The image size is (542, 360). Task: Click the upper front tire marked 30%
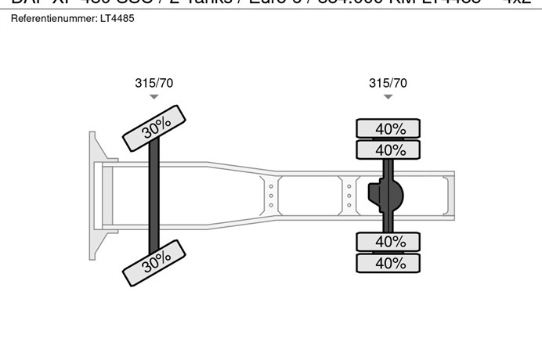(x=155, y=128)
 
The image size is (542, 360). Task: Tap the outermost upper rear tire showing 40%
(x=389, y=128)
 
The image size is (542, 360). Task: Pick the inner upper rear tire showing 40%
(x=389, y=149)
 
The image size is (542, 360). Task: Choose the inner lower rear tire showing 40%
(x=389, y=242)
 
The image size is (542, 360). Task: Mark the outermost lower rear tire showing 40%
(x=389, y=263)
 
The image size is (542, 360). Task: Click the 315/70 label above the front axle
(x=154, y=83)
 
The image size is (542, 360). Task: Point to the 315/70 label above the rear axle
(x=388, y=83)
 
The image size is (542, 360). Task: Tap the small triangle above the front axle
(x=154, y=97)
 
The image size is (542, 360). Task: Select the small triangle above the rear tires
(x=388, y=97)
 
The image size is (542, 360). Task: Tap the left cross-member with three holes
(x=271, y=195)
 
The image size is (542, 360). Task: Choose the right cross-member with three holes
(x=349, y=195)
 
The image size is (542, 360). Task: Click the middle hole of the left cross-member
(x=271, y=195)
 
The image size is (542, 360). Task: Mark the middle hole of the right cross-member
(x=349, y=195)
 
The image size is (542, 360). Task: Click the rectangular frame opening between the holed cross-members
(x=309, y=195)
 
